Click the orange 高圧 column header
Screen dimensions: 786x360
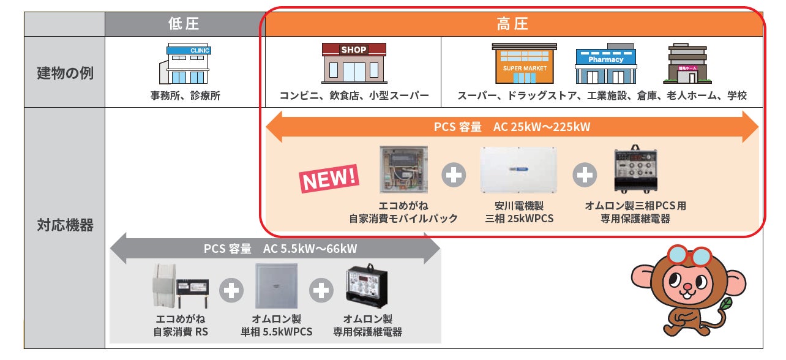click(513, 24)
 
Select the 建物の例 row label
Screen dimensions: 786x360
click(65, 73)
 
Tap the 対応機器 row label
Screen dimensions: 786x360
click(65, 225)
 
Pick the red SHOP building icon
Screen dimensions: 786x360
click(354, 63)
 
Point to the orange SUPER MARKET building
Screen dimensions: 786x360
click(525, 64)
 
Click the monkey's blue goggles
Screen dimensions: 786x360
click(689, 256)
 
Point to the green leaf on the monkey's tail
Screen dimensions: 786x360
click(725, 304)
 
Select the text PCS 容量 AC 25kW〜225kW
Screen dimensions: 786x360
click(512, 127)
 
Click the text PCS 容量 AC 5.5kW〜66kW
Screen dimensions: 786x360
click(280, 249)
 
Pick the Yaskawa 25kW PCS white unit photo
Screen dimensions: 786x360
click(519, 170)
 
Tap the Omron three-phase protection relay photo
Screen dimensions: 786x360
click(636, 170)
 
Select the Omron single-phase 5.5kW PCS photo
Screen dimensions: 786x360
click(276, 286)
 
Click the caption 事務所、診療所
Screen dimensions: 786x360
click(185, 96)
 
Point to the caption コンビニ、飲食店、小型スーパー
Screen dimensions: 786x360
click(354, 96)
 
